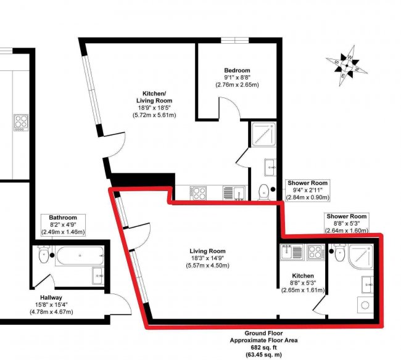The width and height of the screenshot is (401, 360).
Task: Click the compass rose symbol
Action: (x=347, y=65)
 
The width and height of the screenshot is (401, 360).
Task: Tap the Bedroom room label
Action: (x=236, y=70)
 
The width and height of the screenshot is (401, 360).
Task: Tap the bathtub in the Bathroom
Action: (x=78, y=255)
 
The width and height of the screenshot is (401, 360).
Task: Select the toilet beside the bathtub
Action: (x=43, y=255)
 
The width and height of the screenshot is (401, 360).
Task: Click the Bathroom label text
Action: (x=63, y=218)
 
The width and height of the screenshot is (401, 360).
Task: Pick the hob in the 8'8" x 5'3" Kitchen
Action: (x=315, y=252)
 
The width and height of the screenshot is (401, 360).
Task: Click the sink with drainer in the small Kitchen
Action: (x=290, y=252)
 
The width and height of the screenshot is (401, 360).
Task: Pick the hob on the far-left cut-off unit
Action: (x=21, y=121)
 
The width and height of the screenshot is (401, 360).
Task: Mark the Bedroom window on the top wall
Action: (x=235, y=41)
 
